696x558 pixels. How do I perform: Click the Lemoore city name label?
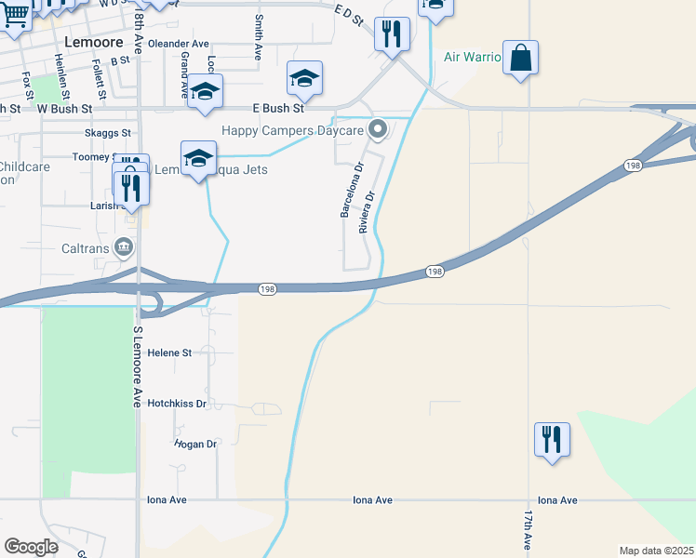click(94, 42)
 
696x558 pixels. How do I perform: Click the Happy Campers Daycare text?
click(292, 130)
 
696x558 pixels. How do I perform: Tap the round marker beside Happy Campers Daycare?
click(377, 130)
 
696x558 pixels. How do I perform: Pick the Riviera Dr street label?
click(367, 212)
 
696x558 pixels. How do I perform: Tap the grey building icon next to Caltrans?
click(123, 246)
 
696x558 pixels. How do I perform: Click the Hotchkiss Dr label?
click(177, 404)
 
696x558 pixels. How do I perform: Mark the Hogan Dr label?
click(195, 445)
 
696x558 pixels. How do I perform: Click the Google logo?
click(31, 547)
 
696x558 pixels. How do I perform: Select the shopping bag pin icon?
click(520, 58)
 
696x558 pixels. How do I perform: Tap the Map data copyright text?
click(657, 551)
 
